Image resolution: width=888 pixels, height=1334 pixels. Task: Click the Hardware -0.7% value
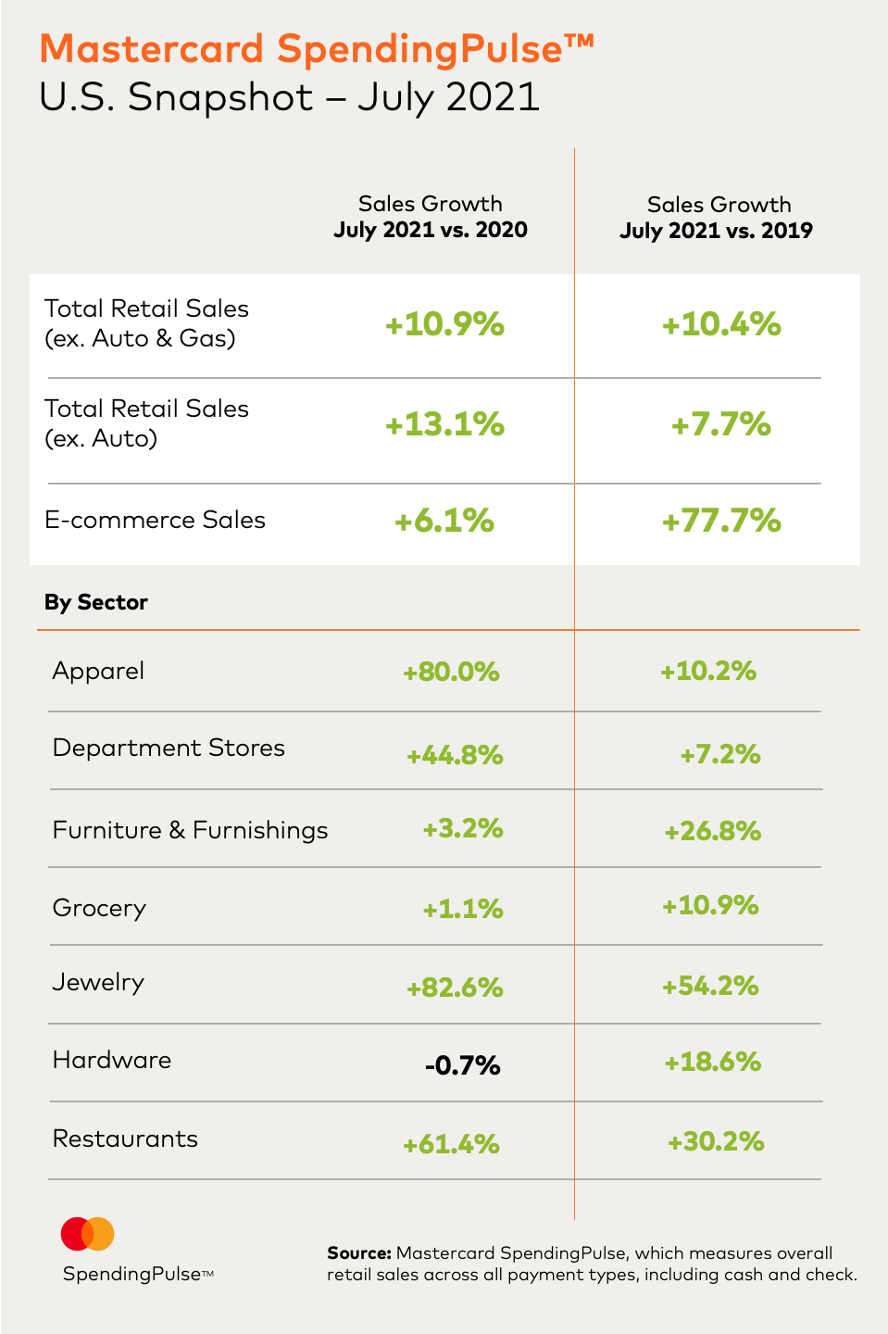pyautogui.click(x=462, y=1065)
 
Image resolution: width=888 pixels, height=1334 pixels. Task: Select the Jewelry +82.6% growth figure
pyautogui.click(x=455, y=988)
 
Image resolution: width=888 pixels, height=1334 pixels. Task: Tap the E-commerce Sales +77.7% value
pyautogui.click(x=721, y=521)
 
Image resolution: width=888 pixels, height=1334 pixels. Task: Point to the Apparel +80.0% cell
pyautogui.click(x=451, y=672)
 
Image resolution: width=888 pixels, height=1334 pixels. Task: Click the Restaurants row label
pyautogui.click(x=125, y=1139)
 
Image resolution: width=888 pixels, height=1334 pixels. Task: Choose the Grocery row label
pyautogui.click(x=99, y=908)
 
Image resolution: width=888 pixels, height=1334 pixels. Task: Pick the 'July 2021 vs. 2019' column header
pyautogui.click(x=716, y=231)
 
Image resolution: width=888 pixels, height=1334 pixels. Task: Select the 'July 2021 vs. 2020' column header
pyautogui.click(x=431, y=230)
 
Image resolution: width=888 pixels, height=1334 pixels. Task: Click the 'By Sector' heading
pyautogui.click(x=96, y=602)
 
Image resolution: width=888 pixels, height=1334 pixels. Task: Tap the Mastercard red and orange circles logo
pyautogui.click(x=87, y=1234)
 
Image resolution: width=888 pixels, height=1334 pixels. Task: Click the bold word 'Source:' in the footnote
pyautogui.click(x=359, y=1253)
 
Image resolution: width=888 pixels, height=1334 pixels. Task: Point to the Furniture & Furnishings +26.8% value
pyautogui.click(x=712, y=831)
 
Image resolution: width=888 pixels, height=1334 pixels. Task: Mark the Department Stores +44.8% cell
pyautogui.click(x=455, y=756)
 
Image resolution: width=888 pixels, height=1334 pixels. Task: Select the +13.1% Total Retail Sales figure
pyautogui.click(x=444, y=424)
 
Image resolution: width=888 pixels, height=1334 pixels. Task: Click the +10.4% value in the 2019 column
pyautogui.click(x=721, y=324)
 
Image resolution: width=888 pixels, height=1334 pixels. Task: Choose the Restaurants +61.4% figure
pyautogui.click(x=451, y=1144)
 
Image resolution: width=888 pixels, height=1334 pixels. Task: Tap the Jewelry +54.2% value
pyautogui.click(x=710, y=986)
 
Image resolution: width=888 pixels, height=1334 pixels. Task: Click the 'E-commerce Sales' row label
pyautogui.click(x=155, y=520)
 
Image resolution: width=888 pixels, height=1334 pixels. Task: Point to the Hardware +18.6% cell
pyautogui.click(x=712, y=1062)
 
